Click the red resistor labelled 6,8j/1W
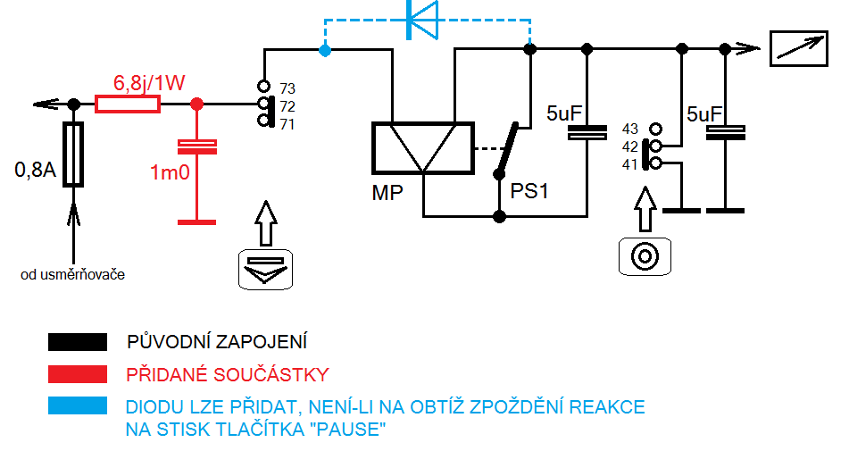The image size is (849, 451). point(128,104)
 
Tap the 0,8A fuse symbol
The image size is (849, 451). point(75,154)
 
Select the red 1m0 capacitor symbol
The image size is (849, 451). point(197,146)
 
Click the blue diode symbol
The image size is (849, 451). point(422,20)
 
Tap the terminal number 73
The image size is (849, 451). point(287,88)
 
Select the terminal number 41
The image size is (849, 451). point(631,164)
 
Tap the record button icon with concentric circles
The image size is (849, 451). point(644,256)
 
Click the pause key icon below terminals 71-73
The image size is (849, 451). point(264,268)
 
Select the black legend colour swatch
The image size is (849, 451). point(77,341)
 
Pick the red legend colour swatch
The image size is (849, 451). point(77,373)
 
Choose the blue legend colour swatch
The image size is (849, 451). point(77,405)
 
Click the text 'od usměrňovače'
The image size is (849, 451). point(72,274)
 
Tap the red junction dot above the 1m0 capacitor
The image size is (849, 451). point(197,104)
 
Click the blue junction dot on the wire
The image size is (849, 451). point(325,51)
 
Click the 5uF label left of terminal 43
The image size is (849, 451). point(564,114)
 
